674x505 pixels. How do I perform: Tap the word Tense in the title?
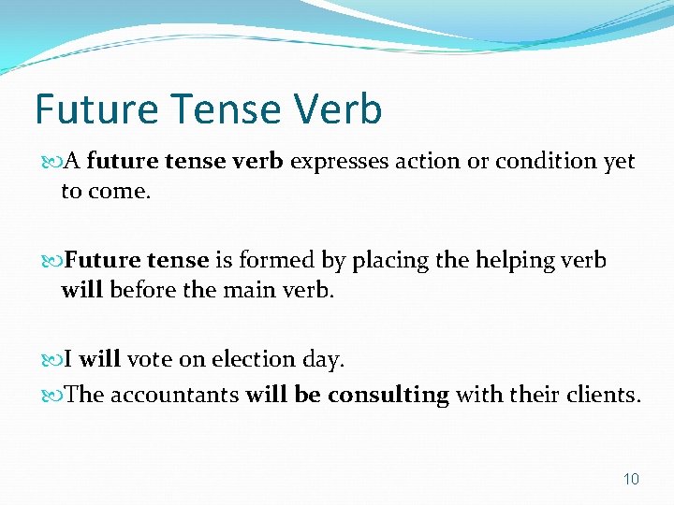(x=227, y=109)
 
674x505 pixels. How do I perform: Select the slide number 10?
(x=631, y=479)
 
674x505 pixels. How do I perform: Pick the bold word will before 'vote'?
(x=100, y=359)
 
